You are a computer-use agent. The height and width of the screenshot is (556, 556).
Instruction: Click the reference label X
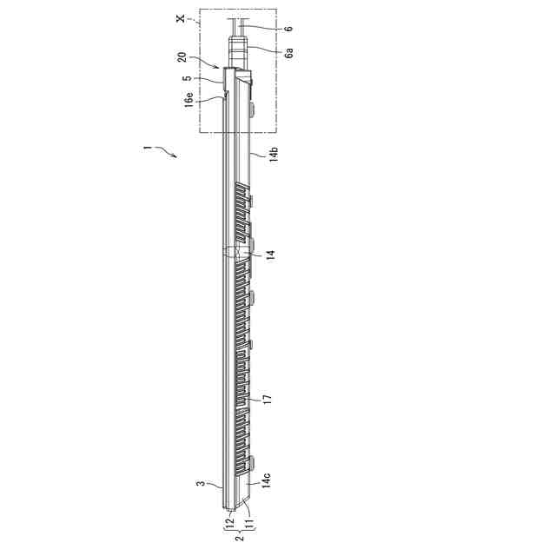[x=181, y=17]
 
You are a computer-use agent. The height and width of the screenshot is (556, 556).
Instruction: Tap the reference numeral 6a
[x=289, y=54]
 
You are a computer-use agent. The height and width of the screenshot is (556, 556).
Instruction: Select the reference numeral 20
[x=182, y=57]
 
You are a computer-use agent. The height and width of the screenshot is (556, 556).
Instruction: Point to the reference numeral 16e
[x=189, y=99]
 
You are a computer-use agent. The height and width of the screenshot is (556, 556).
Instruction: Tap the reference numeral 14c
[x=266, y=480]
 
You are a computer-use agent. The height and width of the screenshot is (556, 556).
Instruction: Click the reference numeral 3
[x=201, y=483]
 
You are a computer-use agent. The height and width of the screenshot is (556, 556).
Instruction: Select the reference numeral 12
[x=229, y=521]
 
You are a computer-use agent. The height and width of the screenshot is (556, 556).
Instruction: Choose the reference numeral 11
[x=249, y=522]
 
